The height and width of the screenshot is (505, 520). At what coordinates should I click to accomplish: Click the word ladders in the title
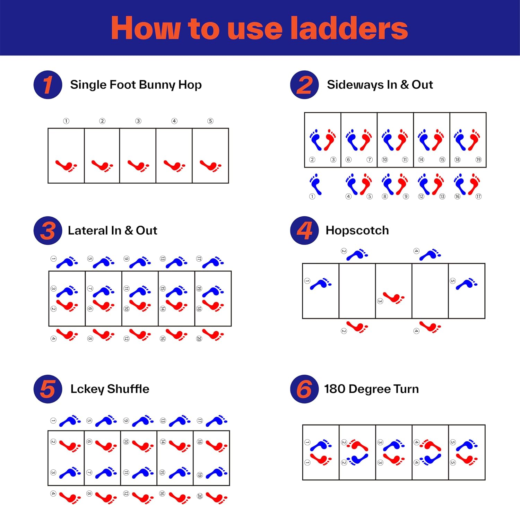(x=349, y=28)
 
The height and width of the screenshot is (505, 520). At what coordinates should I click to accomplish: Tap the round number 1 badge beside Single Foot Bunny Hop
(x=48, y=85)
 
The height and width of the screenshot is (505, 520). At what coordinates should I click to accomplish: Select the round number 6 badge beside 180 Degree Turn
(x=304, y=389)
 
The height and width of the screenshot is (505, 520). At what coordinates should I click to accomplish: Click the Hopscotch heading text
(x=357, y=230)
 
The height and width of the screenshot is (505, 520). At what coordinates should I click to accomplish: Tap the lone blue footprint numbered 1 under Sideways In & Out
(x=315, y=184)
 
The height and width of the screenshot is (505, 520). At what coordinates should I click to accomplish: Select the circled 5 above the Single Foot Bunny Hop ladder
(x=210, y=121)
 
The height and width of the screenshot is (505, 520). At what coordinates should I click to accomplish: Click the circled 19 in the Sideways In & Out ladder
(x=478, y=160)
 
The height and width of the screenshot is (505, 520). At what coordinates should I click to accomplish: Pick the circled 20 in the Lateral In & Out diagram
(x=199, y=339)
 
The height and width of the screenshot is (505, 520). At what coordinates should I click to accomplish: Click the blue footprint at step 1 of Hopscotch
(x=321, y=284)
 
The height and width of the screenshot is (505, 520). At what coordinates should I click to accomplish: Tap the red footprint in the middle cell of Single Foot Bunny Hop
(x=138, y=166)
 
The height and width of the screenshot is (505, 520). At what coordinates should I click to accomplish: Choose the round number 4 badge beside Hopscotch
(x=304, y=230)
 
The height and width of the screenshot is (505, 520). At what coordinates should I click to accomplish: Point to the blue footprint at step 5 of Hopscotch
(x=467, y=284)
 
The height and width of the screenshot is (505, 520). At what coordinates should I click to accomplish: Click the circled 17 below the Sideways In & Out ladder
(x=478, y=197)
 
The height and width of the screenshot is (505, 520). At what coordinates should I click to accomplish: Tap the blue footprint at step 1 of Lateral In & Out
(x=67, y=262)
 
